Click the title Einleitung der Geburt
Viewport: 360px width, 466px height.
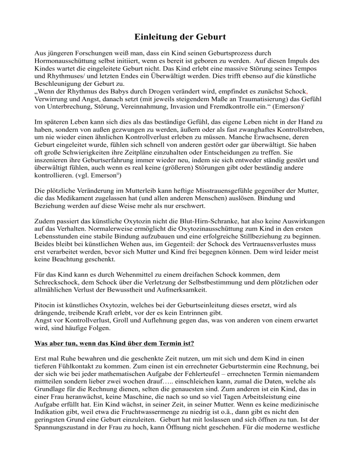tap(180, 37)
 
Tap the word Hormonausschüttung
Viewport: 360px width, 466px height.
tap(67, 61)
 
